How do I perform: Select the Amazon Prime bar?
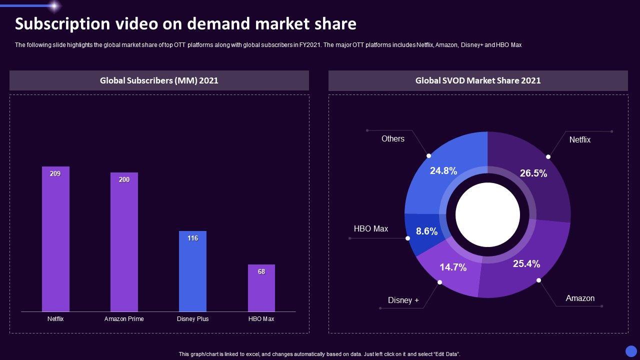124,242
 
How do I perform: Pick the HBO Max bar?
261,288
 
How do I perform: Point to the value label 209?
55,173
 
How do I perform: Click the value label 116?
192,238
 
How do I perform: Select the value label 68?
261,271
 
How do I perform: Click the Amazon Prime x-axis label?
124,319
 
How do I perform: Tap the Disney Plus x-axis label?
192,319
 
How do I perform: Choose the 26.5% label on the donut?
533,173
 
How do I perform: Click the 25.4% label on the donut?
526,263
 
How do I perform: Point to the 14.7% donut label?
453,267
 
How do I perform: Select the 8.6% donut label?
426,231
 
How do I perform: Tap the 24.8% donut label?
443,170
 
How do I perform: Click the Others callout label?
393,138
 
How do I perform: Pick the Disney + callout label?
403,300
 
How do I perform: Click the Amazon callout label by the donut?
580,298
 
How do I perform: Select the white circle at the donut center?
487,214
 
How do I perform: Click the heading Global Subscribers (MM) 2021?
159,80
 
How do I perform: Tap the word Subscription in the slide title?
62,24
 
